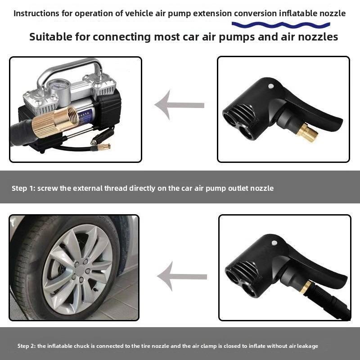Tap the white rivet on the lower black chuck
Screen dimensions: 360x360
[274, 243]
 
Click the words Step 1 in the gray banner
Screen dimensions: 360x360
[22, 188]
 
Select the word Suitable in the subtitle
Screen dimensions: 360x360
[49, 37]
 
